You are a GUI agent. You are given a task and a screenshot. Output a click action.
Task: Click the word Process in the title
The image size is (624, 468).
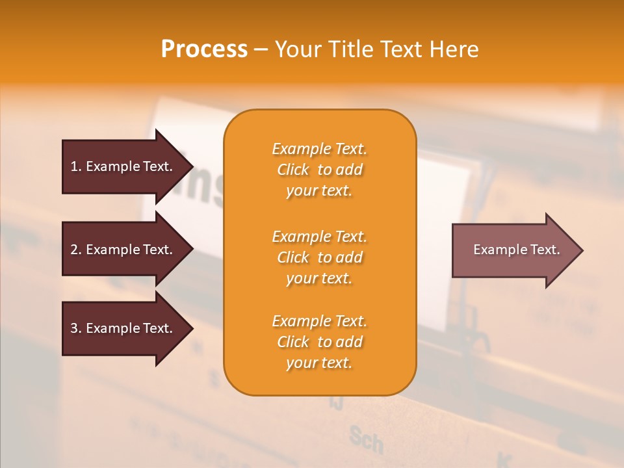click(x=204, y=49)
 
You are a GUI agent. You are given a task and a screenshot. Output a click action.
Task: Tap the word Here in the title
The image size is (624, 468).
click(x=453, y=49)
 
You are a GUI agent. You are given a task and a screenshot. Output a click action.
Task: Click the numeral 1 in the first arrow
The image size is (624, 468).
click(x=74, y=166)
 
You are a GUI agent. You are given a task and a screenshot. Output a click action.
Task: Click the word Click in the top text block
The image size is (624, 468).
click(x=293, y=170)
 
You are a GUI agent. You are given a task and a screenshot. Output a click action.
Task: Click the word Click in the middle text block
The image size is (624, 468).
click(x=293, y=257)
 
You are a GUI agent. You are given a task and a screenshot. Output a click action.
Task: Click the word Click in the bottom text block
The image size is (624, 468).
click(x=293, y=342)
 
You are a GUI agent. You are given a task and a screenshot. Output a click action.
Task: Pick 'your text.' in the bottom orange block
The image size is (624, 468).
click(x=319, y=363)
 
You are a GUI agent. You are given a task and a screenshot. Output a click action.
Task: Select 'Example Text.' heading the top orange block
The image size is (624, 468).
click(x=319, y=149)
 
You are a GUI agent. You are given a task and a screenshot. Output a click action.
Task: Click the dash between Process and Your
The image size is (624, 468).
click(x=261, y=49)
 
